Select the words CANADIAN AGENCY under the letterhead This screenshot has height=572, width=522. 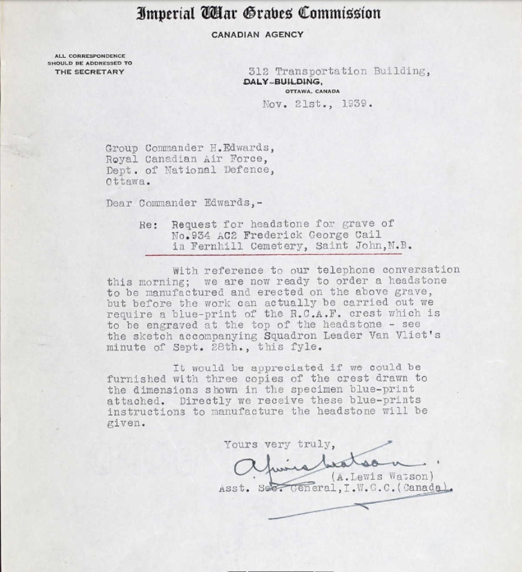pos(257,35)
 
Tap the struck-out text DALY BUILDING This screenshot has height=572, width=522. pos(282,82)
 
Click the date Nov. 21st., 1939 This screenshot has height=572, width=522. pos(317,103)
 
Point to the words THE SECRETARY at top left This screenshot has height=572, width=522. pos(90,72)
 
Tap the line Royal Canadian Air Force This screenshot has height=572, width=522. pos(184,159)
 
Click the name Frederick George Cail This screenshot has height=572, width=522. pos(312,235)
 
